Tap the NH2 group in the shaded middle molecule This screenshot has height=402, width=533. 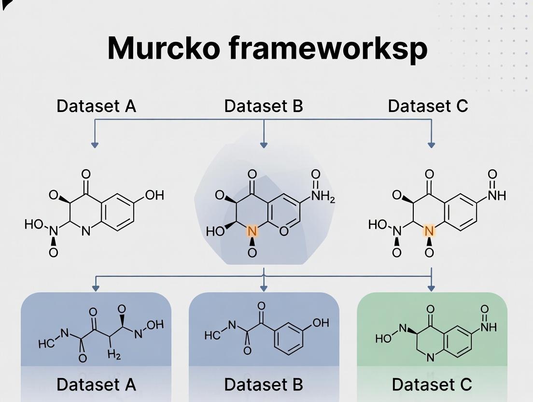coord(323,196)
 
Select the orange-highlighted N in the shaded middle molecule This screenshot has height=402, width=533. coord(252,231)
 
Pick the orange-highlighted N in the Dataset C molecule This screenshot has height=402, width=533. coord(429,231)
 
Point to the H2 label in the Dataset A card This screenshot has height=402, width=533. coord(114,356)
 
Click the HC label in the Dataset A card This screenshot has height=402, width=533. coord(46,344)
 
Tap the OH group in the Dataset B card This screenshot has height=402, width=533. coord(321,323)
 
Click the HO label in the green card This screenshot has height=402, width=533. coord(383,339)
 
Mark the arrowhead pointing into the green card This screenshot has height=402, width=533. coord(431,288)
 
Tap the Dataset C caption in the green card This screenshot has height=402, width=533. coord(432,385)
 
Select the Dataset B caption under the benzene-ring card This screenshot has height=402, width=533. coord(264,385)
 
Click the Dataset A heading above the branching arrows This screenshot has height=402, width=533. coord(96,106)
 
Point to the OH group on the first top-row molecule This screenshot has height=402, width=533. coord(154,195)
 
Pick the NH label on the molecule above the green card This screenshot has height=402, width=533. coord(496,195)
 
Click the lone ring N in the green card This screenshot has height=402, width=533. coord(431,358)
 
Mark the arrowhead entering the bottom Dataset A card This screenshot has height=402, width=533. coord(96,288)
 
